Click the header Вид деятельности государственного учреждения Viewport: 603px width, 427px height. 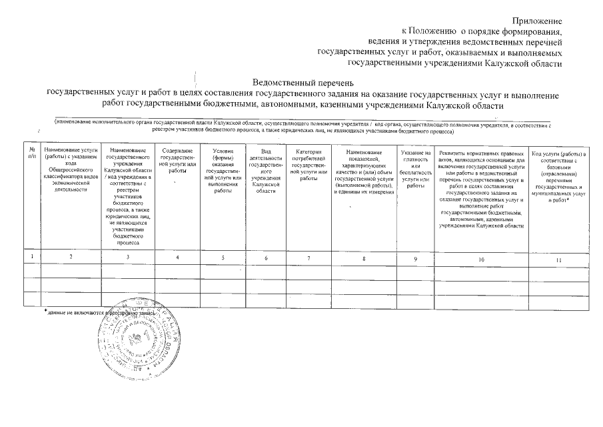pyautogui.click(x=266, y=171)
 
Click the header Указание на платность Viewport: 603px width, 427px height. pyautogui.click(x=415, y=169)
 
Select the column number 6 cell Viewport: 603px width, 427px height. pyautogui.click(x=266, y=258)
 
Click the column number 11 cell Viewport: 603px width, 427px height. pyautogui.click(x=558, y=258)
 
